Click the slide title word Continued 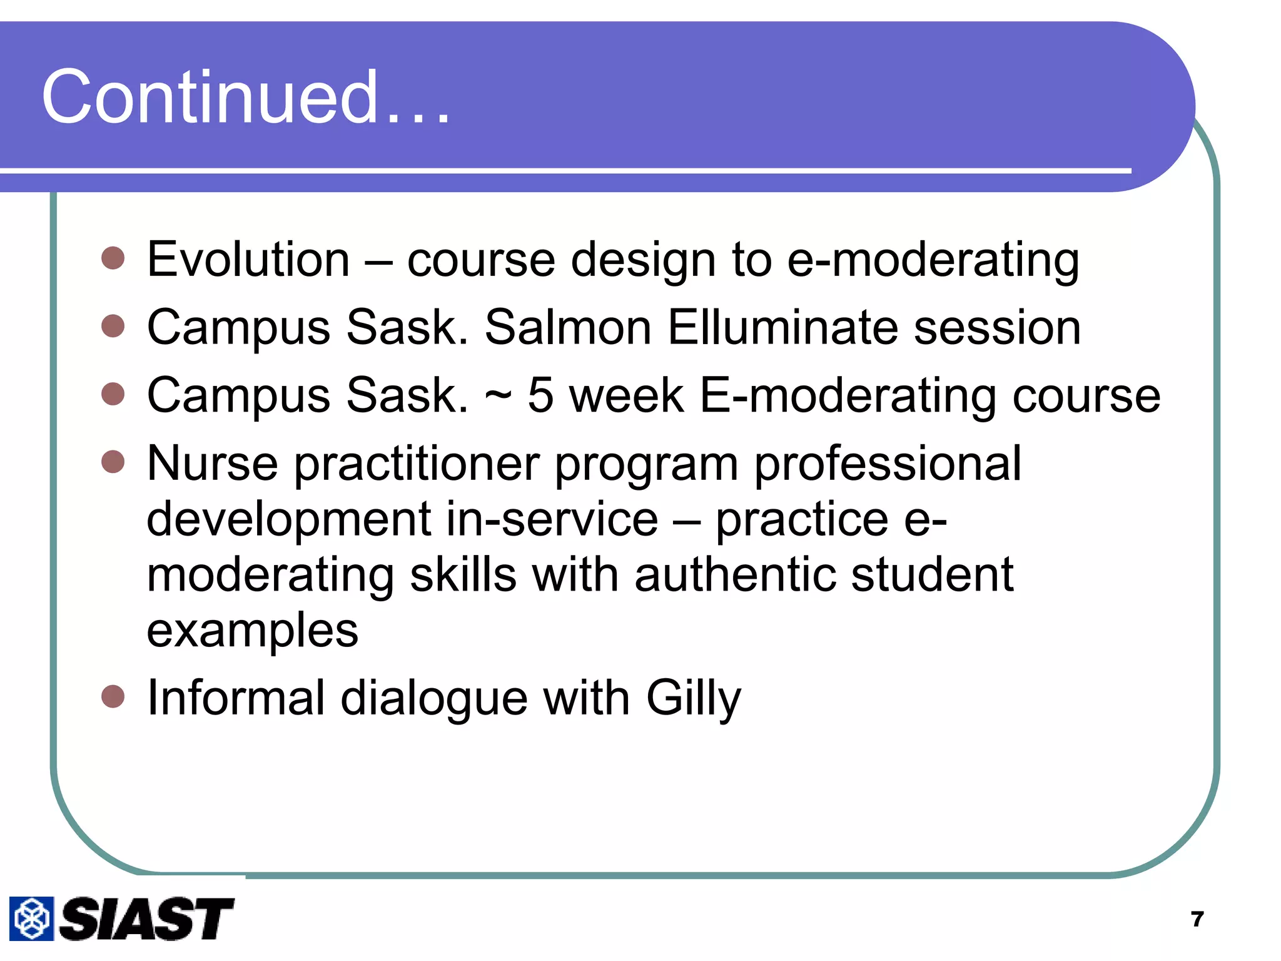[x=245, y=97]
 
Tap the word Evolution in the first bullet [x=248, y=260]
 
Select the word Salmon [x=568, y=327]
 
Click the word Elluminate [x=782, y=327]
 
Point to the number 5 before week [x=540, y=395]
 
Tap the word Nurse [x=212, y=464]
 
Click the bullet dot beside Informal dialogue [x=113, y=696]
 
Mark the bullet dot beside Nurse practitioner [x=113, y=462]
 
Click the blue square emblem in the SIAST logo [x=31, y=918]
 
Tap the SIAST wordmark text [x=146, y=918]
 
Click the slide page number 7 [x=1197, y=919]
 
